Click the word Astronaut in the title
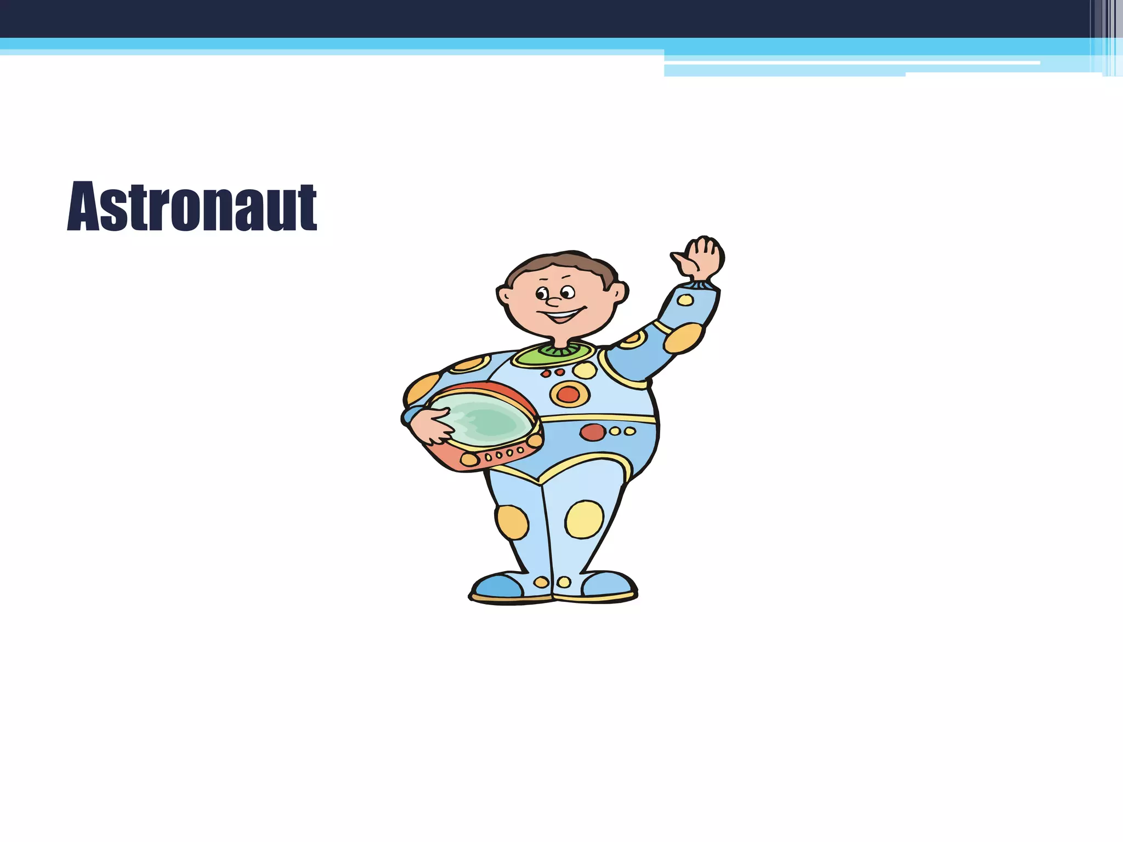point(192,207)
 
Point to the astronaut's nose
point(553,301)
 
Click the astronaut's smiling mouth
point(562,316)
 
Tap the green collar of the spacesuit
point(554,354)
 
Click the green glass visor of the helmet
point(483,419)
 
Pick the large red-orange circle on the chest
point(569,394)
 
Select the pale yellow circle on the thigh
point(584,519)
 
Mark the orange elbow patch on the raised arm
point(683,338)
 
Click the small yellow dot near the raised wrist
point(685,300)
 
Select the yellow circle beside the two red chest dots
point(585,371)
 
